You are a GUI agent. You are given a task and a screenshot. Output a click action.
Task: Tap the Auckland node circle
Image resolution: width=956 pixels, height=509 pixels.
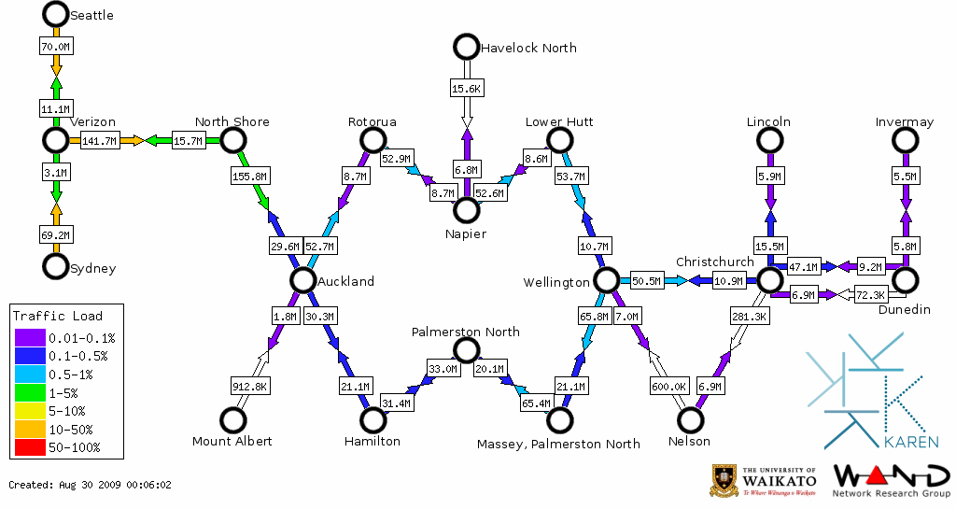pyautogui.click(x=302, y=280)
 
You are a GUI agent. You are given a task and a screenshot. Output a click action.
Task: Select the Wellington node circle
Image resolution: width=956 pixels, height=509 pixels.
pyautogui.click(x=606, y=280)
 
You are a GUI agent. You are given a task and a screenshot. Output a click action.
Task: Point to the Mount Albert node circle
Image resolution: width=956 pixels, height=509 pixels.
pyautogui.click(x=232, y=420)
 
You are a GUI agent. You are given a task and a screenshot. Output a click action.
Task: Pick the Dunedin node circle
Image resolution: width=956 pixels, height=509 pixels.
pyautogui.click(x=904, y=279)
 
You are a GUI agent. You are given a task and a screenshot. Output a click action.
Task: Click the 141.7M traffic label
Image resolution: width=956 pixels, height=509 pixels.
pyautogui.click(x=99, y=141)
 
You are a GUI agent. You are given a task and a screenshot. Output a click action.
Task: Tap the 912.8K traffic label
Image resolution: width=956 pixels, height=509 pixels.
pyautogui.click(x=249, y=386)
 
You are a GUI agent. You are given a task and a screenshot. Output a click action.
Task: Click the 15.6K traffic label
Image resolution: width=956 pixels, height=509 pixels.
pyautogui.click(x=466, y=88)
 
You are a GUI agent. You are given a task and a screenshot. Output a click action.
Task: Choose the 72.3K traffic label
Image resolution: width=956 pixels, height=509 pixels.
pyautogui.click(x=870, y=295)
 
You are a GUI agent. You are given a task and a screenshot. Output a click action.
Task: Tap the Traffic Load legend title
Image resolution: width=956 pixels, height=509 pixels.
pyautogui.click(x=58, y=316)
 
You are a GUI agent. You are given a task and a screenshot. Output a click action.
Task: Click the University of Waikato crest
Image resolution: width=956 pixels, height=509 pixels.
pyautogui.click(x=726, y=480)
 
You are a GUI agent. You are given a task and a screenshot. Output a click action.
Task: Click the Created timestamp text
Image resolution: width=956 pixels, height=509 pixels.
pyautogui.click(x=91, y=485)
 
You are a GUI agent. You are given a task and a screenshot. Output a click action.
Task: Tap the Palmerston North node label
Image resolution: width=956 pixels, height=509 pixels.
pyautogui.click(x=466, y=332)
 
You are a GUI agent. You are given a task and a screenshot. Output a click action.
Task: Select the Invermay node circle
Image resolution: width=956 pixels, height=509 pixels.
pyautogui.click(x=904, y=140)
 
